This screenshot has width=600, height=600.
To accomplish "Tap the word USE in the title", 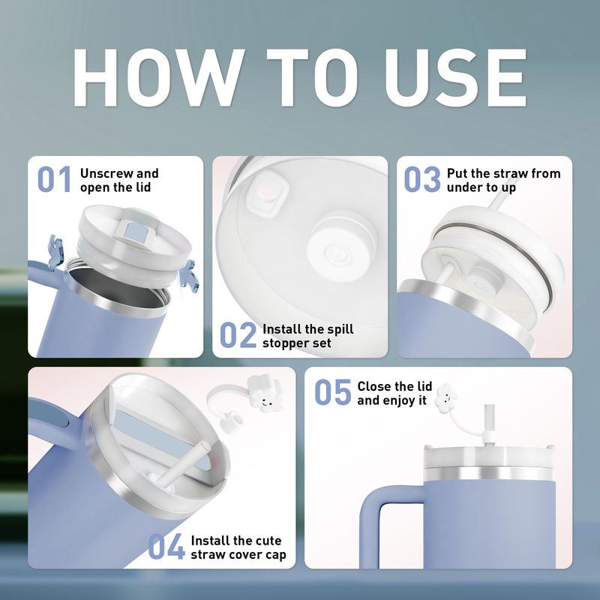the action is click(x=455, y=78).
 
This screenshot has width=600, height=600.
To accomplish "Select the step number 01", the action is click(x=54, y=179).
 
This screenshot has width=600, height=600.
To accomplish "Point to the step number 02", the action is click(x=238, y=334).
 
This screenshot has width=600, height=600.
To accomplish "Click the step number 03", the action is click(x=422, y=179).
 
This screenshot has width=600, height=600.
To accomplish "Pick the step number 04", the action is click(x=166, y=547).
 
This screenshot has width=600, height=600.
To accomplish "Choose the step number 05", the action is click(x=332, y=391).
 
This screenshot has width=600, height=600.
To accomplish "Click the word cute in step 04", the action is click(x=268, y=541).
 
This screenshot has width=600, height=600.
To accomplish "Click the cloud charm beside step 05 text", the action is click(x=445, y=398).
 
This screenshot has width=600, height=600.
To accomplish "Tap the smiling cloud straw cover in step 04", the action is click(x=265, y=394).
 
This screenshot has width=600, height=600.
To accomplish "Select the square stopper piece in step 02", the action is click(x=268, y=192).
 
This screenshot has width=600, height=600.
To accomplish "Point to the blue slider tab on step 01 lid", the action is click(x=135, y=233).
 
